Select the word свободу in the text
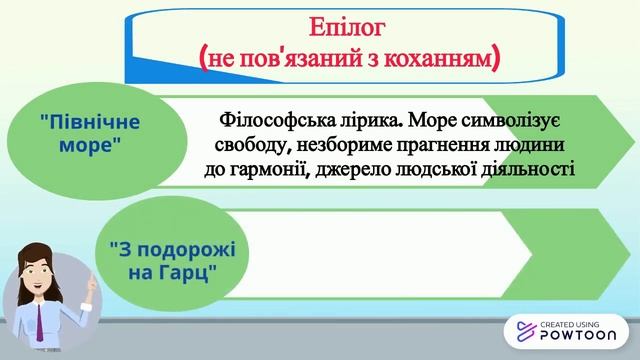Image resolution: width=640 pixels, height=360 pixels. tap(249, 146)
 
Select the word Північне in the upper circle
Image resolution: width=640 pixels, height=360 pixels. tap(91, 123)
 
